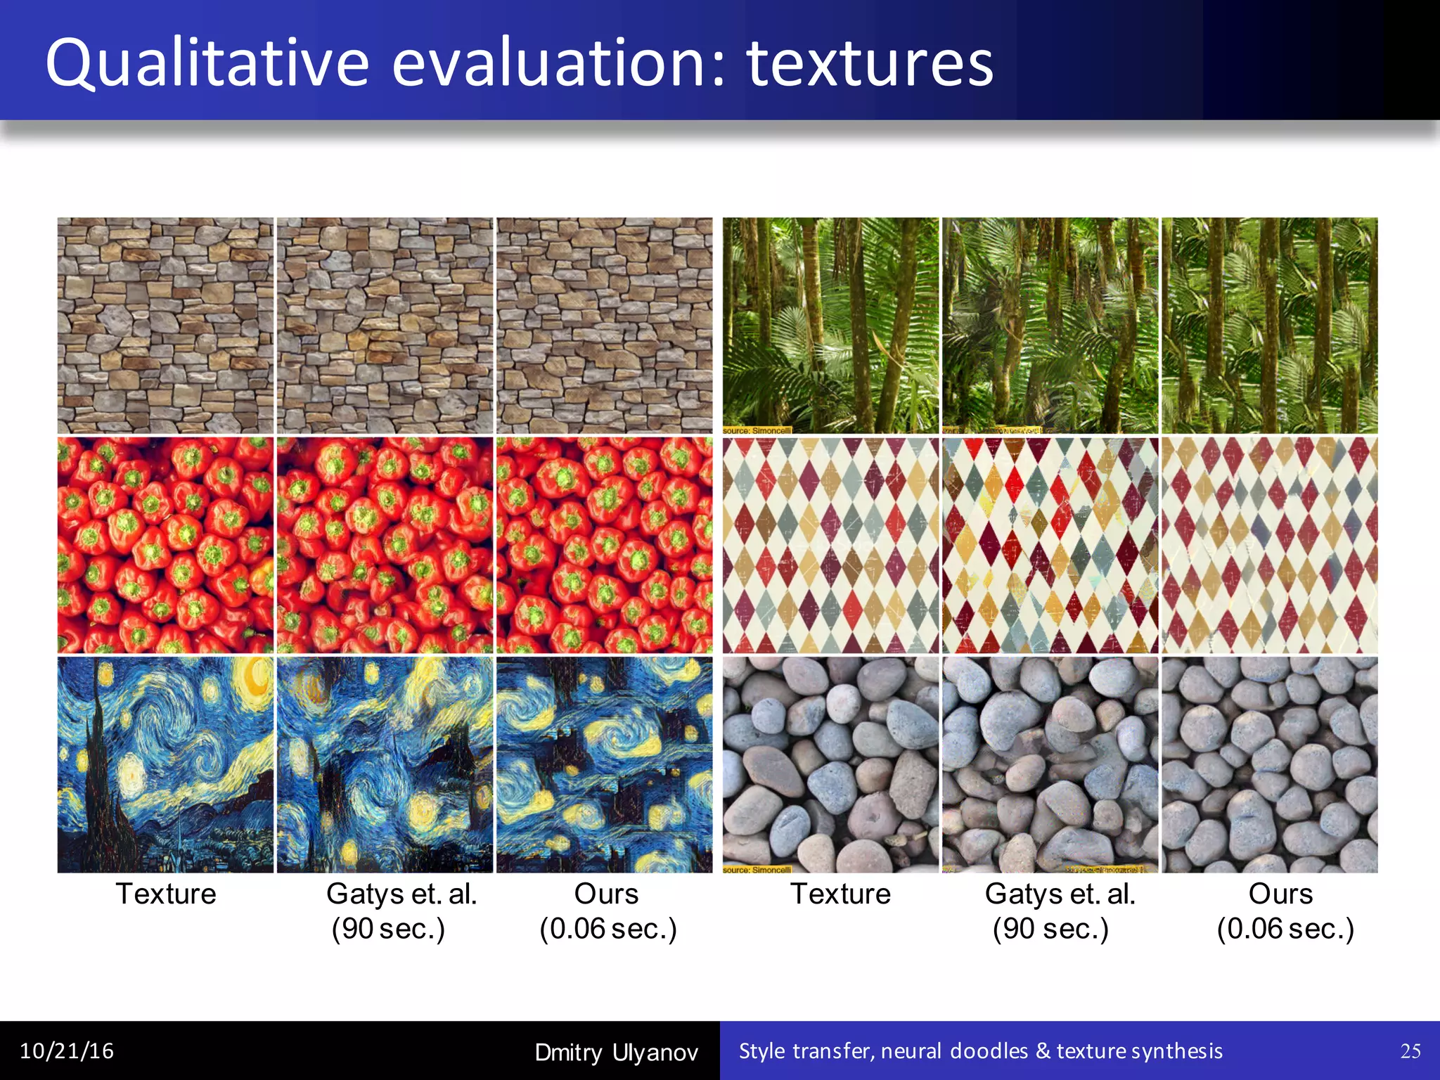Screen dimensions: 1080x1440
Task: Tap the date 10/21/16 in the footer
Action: pos(67,1050)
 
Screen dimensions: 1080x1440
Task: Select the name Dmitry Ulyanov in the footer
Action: pos(616,1052)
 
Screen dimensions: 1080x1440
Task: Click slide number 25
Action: pos(1410,1050)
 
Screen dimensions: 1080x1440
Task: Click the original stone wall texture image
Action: pos(165,325)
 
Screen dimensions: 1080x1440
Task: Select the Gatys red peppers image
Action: pos(385,545)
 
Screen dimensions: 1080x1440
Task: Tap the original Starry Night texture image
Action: pos(165,764)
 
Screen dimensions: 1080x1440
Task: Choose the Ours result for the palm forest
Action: pos(1269,325)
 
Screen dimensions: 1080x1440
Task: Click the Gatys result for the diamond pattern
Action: pos(1050,545)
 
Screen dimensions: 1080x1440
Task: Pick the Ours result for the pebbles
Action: pos(1269,764)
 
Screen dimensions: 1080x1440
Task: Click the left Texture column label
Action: pos(166,894)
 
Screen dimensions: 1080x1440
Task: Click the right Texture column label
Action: pos(840,894)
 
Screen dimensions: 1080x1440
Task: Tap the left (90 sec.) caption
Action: pos(388,928)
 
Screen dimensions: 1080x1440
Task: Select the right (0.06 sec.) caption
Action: pos(1285,928)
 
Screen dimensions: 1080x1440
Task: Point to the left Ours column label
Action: pos(606,894)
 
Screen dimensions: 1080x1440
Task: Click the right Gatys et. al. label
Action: pos(1060,894)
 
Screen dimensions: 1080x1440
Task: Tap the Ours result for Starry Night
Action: pos(605,764)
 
